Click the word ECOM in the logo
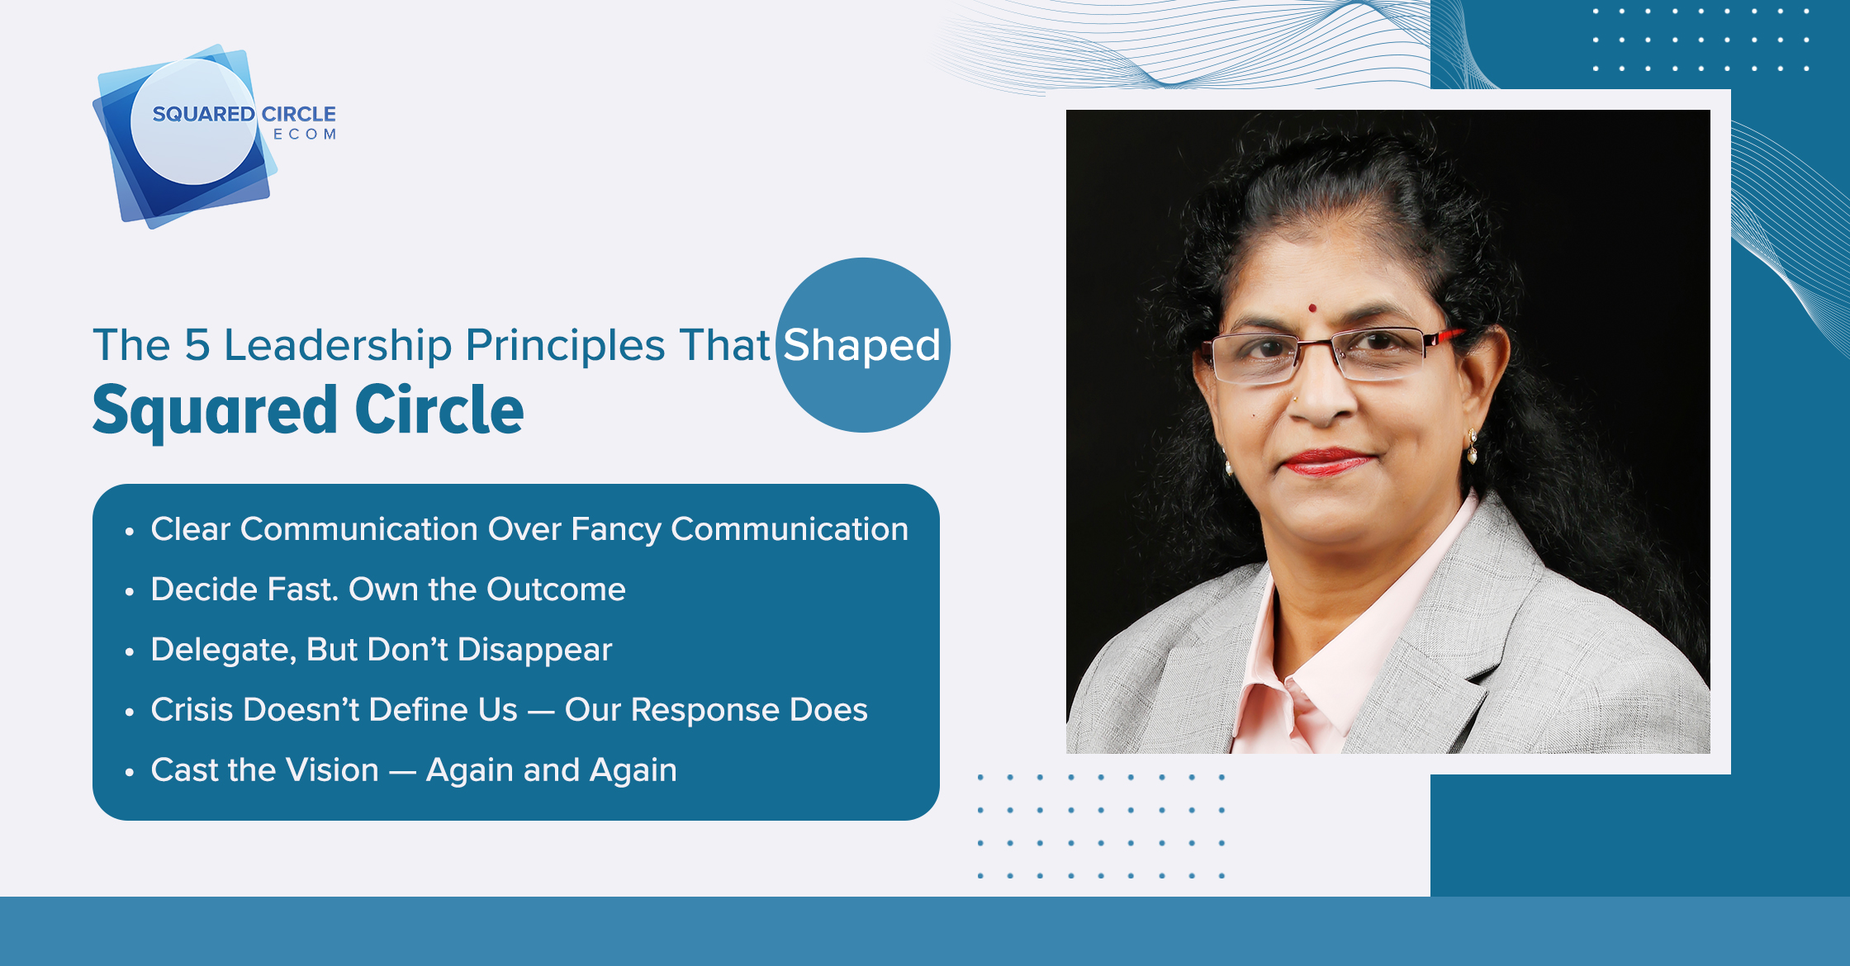305,135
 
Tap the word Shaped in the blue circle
862,345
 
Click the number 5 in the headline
197,344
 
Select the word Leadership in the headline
339,345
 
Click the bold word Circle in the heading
439,410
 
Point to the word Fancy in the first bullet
616,530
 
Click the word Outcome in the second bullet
556,590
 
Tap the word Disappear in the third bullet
535,651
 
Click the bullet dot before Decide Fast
129,592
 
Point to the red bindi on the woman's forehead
1312,309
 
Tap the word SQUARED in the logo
203,114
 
